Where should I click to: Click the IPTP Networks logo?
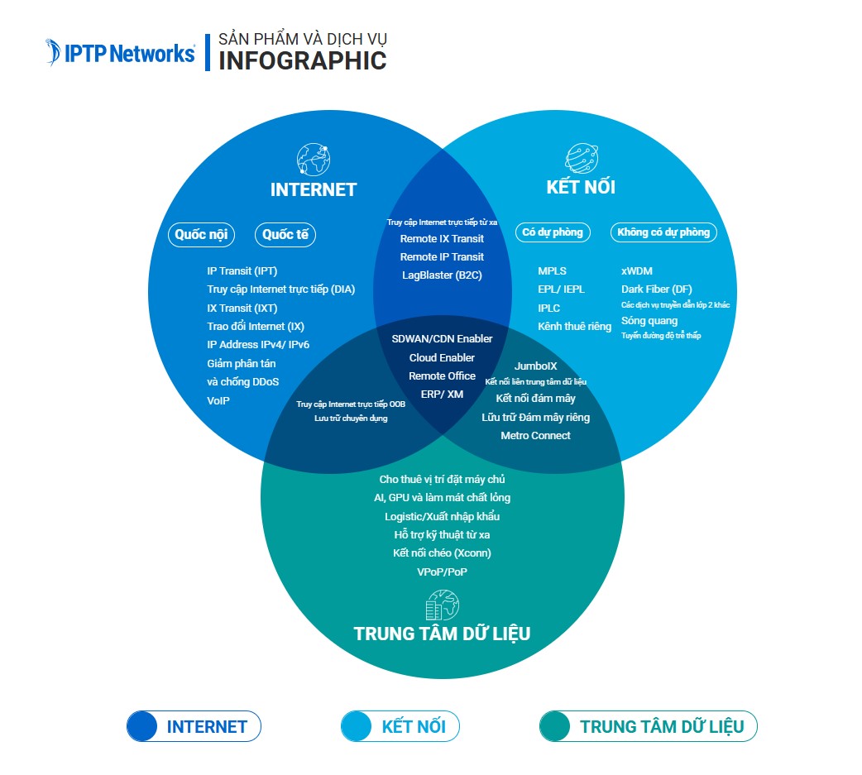tap(121, 52)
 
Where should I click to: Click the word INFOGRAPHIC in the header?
tap(302, 60)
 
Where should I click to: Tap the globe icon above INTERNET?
tap(313, 159)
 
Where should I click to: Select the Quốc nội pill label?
tap(201, 235)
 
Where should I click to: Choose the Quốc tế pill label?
tap(285, 235)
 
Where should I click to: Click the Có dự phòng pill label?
tap(553, 232)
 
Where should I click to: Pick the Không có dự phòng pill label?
tap(663, 232)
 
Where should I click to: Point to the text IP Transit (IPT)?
tap(242, 271)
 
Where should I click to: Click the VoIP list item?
tap(218, 400)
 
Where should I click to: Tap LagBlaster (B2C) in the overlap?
tap(442, 275)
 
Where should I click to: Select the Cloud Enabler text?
tap(442, 357)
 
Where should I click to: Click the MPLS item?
tap(552, 271)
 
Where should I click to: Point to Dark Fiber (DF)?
tap(657, 289)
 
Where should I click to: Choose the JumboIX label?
tap(535, 366)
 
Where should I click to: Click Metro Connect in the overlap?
tap(535, 436)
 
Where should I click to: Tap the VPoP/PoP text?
tap(442, 572)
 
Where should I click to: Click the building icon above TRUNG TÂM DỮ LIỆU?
tap(442, 606)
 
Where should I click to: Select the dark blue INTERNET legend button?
tap(194, 727)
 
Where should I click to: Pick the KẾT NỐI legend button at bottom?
tap(400, 727)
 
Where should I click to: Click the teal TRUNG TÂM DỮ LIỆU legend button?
tap(648, 727)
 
